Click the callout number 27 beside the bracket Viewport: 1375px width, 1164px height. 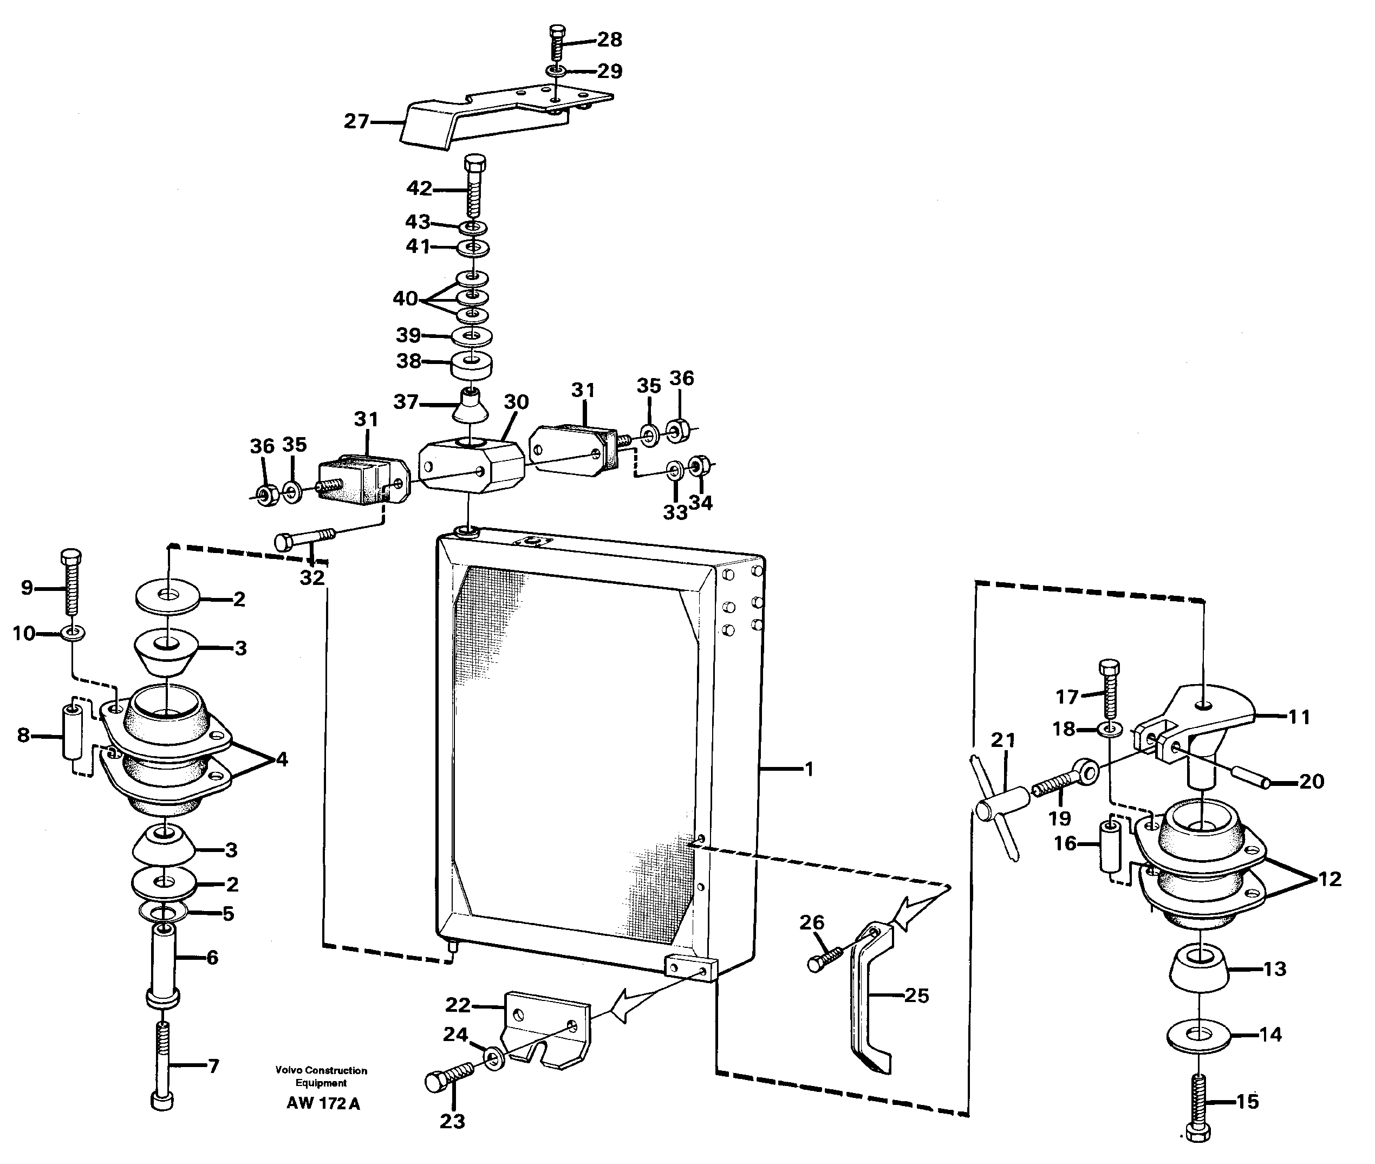pyautogui.click(x=356, y=121)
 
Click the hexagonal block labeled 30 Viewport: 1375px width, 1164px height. pyautogui.click(x=471, y=466)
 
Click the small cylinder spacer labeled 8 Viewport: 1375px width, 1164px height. pyautogui.click(x=71, y=733)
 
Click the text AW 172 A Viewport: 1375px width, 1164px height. pyautogui.click(x=323, y=1104)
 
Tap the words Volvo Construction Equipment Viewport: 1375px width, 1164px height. pyautogui.click(x=321, y=1077)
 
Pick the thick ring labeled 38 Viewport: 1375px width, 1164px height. pyautogui.click(x=471, y=366)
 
